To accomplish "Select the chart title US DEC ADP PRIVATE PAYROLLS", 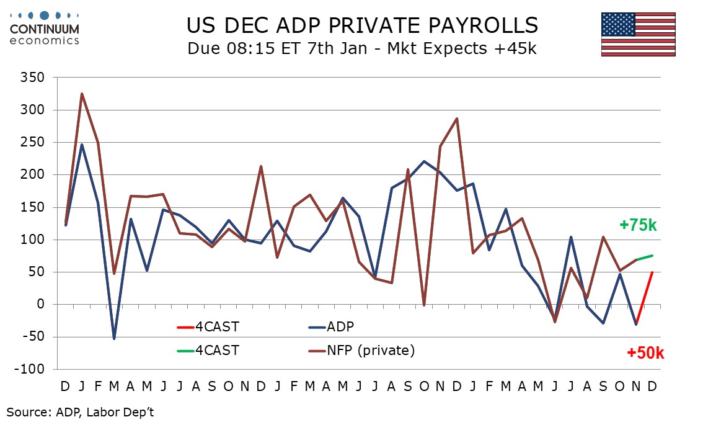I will coord(362,25).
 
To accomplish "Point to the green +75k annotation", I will coord(638,225).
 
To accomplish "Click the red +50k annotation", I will coord(645,353).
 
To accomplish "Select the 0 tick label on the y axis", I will coord(42,305).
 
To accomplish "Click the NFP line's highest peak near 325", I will coord(82,94).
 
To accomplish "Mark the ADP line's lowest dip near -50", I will coord(114,338).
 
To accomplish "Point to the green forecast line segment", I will coord(644,258).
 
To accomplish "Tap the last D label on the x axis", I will coord(652,386).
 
